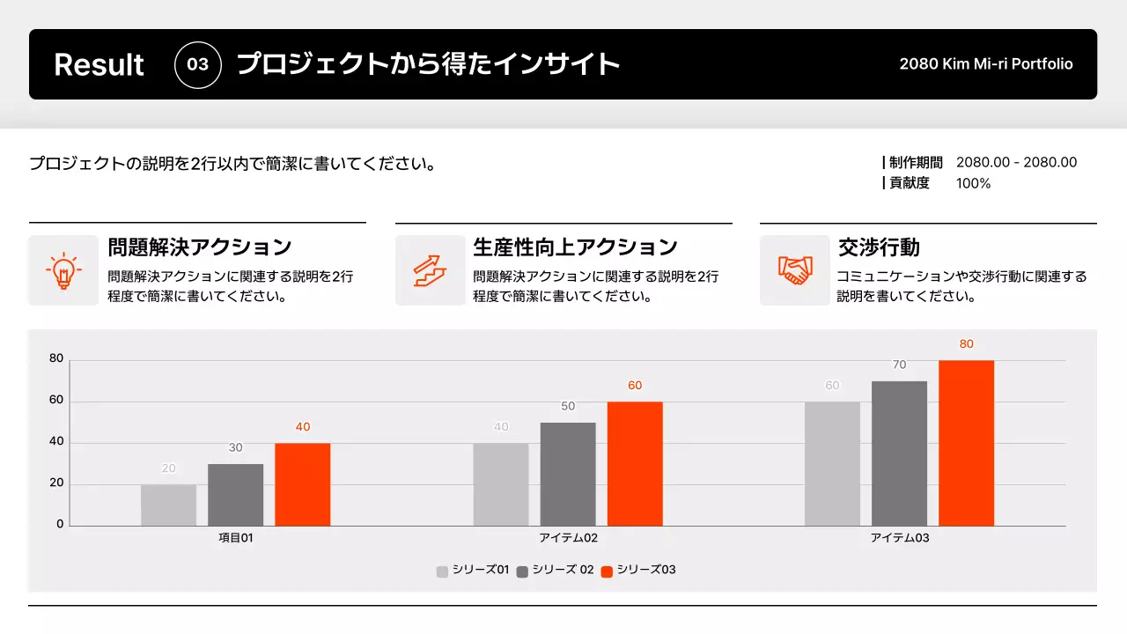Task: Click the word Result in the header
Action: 99,64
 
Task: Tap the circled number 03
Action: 198,64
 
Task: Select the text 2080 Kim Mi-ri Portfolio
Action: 986,64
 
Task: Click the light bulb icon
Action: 63,270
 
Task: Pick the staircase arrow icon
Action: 430,270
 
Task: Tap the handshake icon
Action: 794,270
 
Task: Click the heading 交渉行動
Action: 879,247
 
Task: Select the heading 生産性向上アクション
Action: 575,247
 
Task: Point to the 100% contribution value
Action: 973,183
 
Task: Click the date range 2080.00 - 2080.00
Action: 1016,162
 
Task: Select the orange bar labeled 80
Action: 966,443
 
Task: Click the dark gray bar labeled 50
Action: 568,474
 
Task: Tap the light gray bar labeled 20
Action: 168,505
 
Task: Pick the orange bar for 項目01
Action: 302,484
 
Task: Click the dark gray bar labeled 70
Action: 899,453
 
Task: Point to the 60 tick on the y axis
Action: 56,400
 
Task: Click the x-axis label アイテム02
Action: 568,538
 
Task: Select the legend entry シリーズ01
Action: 474,571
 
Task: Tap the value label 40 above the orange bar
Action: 302,427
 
